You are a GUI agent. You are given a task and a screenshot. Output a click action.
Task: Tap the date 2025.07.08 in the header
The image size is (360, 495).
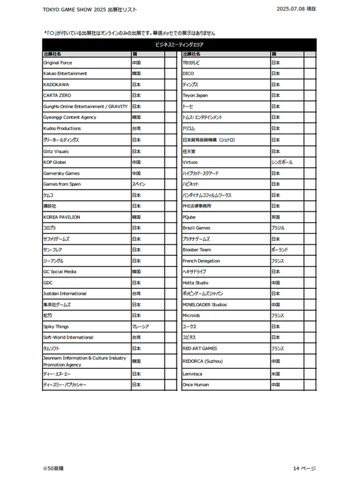click(x=296, y=9)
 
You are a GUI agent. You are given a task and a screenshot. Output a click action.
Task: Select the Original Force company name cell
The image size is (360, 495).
click(x=58, y=62)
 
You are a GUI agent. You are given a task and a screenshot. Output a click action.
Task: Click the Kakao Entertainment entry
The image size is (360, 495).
click(x=65, y=73)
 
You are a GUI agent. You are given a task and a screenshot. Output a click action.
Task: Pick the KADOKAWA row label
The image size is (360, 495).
click(x=56, y=85)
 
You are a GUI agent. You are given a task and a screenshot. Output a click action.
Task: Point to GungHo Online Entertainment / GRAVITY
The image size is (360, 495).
click(x=85, y=106)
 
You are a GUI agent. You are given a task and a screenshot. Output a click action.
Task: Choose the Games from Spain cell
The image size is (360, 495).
click(x=62, y=183)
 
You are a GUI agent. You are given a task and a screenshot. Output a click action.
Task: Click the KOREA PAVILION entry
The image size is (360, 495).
click(x=62, y=217)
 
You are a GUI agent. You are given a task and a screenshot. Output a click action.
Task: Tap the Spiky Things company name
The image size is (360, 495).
click(x=56, y=326)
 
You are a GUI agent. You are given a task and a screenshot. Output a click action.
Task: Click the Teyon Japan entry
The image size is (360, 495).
click(x=195, y=95)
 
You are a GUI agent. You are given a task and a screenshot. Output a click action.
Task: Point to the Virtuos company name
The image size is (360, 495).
click(x=190, y=162)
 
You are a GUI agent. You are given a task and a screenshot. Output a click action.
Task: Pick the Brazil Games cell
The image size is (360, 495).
click(x=197, y=228)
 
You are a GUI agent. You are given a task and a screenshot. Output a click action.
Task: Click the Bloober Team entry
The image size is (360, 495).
click(x=197, y=250)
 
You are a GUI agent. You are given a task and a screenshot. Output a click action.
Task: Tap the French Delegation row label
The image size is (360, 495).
click(x=201, y=261)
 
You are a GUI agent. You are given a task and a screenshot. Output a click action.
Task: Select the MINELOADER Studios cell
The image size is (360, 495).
click(x=205, y=304)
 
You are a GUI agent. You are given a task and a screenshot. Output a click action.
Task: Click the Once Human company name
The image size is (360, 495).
click(x=195, y=385)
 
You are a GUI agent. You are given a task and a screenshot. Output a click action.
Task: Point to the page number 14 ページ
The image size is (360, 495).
click(x=304, y=467)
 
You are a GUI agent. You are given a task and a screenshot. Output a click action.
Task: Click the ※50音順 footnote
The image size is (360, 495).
click(x=53, y=467)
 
